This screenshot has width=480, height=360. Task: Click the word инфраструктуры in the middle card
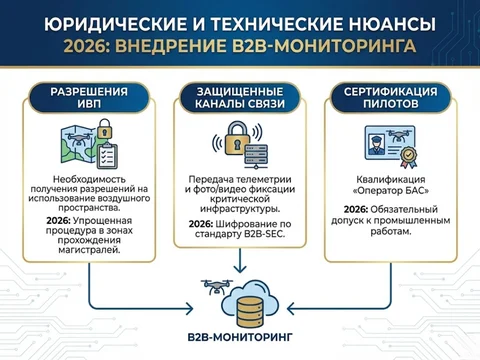(x=240, y=207)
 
